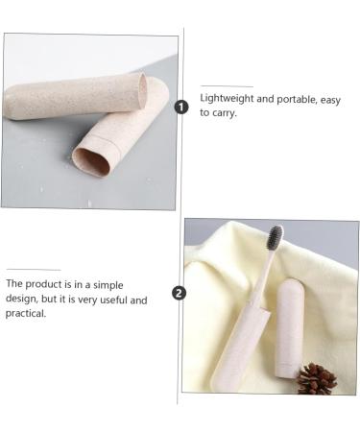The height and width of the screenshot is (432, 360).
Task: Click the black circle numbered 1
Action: (180, 107)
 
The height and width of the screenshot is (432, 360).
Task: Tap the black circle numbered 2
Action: (179, 293)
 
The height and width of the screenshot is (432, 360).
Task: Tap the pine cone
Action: (317, 377)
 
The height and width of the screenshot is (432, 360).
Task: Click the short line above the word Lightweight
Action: (227, 85)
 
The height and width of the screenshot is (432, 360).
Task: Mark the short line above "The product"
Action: (34, 271)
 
